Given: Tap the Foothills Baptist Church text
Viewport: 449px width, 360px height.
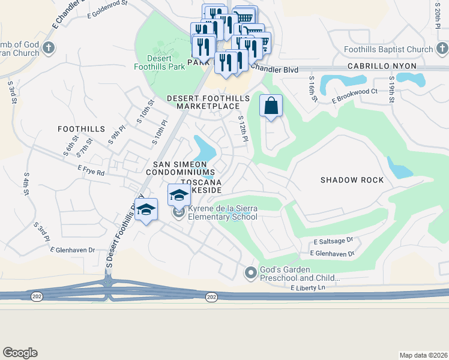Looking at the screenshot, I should [x=388, y=50].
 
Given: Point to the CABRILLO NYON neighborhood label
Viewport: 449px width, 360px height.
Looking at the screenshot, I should [x=381, y=69].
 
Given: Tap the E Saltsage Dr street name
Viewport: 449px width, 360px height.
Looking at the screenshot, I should [x=333, y=241].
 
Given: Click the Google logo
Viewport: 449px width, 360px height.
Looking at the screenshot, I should [x=20, y=353].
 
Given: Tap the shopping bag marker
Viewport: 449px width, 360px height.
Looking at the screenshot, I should [x=271, y=106].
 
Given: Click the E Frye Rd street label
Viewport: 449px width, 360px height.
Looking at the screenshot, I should [x=91, y=172].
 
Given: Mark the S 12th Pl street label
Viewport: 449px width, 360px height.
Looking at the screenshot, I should [x=243, y=130].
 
